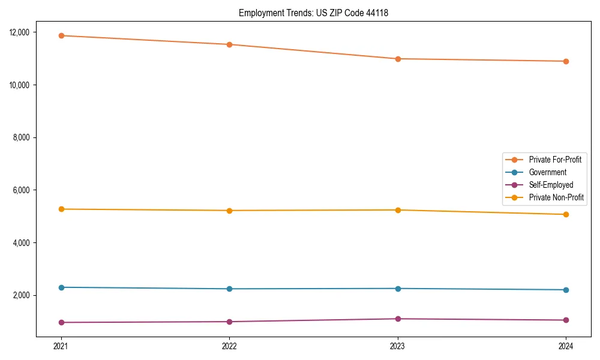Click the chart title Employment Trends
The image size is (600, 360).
pyautogui.click(x=313, y=13)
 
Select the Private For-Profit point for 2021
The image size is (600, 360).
pyautogui.click(x=61, y=35)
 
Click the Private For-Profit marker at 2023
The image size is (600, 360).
pyautogui.click(x=398, y=59)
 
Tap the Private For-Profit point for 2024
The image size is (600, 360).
pyautogui.click(x=566, y=61)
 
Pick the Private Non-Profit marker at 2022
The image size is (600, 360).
pyautogui.click(x=229, y=211)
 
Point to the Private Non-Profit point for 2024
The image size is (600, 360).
pyautogui.click(x=566, y=214)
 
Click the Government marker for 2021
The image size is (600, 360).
pyautogui.click(x=61, y=287)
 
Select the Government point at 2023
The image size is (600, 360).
pyautogui.click(x=398, y=289)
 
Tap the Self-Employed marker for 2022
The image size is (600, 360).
pyautogui.click(x=229, y=322)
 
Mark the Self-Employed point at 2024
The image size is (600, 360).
pyautogui.click(x=566, y=320)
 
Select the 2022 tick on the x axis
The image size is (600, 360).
pyautogui.click(x=229, y=346)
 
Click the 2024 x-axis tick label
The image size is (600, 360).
pyautogui.click(x=566, y=346)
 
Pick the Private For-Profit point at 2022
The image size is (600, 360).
pyautogui.click(x=229, y=44)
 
